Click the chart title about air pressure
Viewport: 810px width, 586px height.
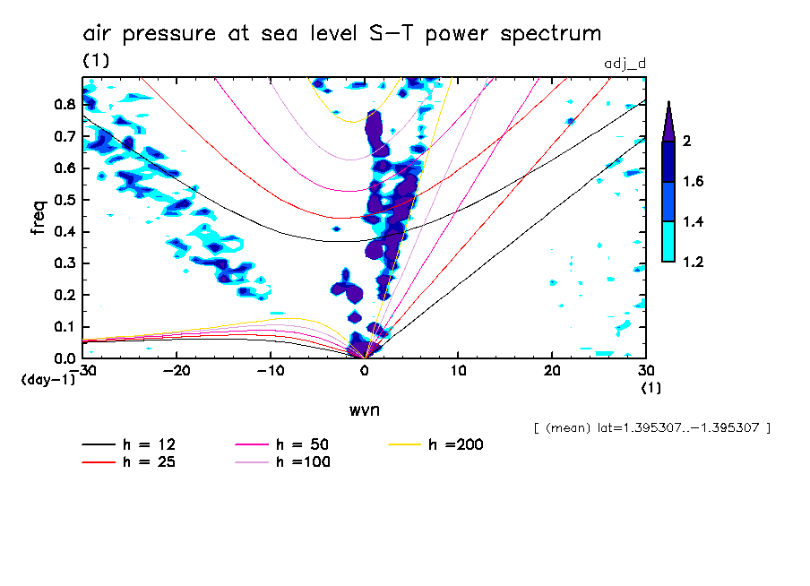point(341,34)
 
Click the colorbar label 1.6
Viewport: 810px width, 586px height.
point(694,182)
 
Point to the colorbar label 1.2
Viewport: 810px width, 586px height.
point(694,262)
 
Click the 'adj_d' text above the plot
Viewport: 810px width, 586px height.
point(625,62)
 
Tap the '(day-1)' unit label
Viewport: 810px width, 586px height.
point(48,380)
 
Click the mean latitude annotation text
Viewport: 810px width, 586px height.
point(651,427)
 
